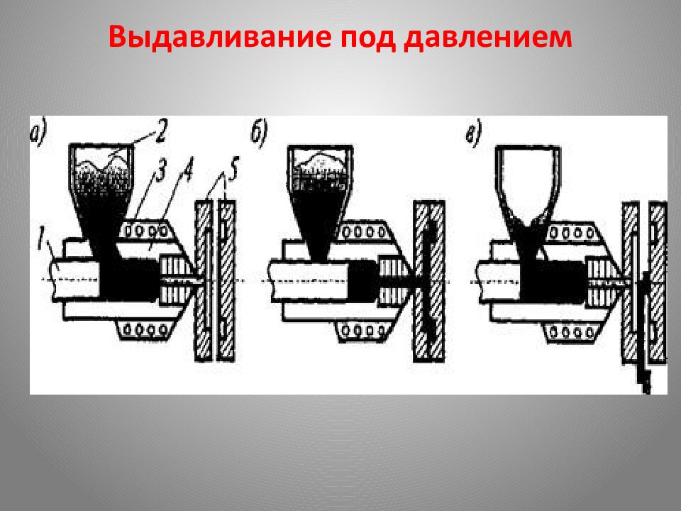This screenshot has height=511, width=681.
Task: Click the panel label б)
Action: [261, 133]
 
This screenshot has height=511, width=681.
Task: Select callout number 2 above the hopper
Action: [161, 129]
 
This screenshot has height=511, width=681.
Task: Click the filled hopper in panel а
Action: [105, 185]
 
